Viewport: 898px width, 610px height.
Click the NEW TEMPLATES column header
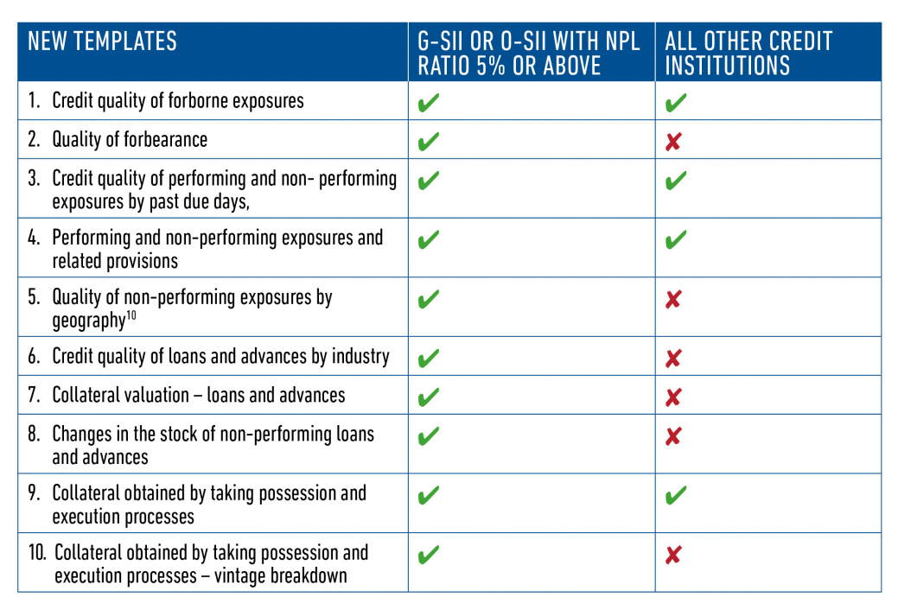102,41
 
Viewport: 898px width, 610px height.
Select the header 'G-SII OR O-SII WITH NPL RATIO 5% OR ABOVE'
528,53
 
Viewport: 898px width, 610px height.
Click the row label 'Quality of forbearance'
130,139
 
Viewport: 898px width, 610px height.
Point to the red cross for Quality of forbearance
673,142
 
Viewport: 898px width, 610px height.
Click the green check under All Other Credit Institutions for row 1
676,103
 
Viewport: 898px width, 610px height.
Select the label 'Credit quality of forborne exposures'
177,100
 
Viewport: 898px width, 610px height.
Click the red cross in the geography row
673,299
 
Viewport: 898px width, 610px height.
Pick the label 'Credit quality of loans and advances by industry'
220,356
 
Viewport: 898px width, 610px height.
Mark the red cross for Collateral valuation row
673,397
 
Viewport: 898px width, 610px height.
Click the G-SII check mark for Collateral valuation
428,397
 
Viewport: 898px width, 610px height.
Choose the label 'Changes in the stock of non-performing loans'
213,434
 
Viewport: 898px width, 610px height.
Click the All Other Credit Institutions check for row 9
676,496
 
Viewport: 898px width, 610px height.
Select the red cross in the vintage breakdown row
673,555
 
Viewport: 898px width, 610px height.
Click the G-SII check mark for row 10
428,555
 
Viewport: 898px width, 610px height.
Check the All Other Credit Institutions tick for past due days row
676,181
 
